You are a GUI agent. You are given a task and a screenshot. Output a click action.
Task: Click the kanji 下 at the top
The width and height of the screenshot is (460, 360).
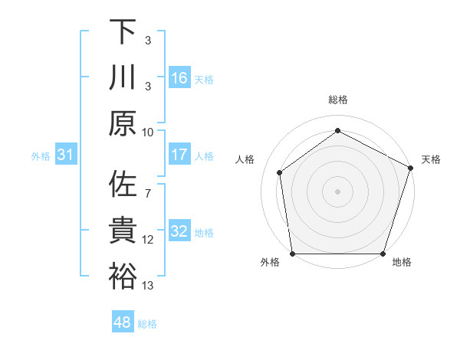point(123,33)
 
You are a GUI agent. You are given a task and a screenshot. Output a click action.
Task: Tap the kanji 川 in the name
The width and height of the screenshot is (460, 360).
point(123,77)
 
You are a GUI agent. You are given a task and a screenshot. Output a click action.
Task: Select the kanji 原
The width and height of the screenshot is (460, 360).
point(123,123)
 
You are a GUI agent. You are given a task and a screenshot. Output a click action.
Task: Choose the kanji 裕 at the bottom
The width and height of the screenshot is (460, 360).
point(123,276)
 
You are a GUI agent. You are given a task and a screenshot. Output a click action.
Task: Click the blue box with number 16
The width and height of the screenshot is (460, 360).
point(179,78)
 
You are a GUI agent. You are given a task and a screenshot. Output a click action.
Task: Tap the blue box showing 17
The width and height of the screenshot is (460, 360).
point(179,155)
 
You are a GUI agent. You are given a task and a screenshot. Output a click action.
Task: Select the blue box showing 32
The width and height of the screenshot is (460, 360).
point(179,231)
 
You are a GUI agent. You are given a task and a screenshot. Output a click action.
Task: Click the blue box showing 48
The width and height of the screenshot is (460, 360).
point(123,322)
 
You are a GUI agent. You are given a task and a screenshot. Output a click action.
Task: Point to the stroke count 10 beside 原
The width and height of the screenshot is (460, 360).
point(148,132)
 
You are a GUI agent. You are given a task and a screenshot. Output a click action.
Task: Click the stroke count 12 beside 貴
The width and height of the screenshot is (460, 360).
point(148,240)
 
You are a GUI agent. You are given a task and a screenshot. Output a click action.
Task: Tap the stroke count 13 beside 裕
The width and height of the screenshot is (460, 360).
point(148,286)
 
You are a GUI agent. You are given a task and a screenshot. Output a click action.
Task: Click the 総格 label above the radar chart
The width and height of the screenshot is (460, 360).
point(337,100)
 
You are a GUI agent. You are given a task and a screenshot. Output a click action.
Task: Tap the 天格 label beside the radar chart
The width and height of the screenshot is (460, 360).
point(432,159)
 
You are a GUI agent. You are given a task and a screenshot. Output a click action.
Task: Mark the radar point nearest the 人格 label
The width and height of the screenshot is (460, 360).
point(280,172)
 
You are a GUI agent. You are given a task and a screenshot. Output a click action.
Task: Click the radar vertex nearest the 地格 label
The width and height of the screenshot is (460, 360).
point(383,254)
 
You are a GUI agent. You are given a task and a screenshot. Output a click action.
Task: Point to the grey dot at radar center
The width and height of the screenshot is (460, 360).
point(337,191)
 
